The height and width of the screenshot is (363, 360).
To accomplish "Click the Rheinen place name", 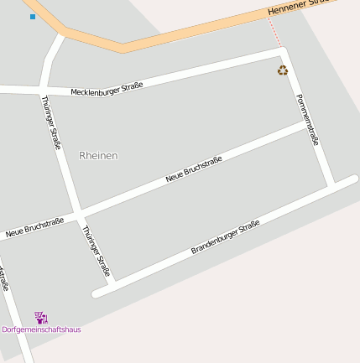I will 98,156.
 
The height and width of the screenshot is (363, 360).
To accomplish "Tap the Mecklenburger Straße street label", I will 107,88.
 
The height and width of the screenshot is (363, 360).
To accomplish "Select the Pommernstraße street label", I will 308,119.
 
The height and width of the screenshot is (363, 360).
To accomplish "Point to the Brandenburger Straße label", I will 226,237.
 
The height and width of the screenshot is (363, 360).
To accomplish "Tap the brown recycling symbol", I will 283,70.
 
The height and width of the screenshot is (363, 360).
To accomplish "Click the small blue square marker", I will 33,17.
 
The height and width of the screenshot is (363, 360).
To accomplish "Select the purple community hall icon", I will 41,318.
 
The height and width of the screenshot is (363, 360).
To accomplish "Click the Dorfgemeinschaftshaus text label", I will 41,329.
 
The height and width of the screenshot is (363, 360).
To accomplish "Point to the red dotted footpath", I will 275,34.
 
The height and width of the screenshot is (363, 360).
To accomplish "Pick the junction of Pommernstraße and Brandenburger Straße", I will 332,184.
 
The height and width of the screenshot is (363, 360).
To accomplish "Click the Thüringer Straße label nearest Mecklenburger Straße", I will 51,122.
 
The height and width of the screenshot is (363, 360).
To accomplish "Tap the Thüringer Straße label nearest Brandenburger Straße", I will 97,251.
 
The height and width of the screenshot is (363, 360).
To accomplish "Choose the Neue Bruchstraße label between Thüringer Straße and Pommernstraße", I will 194,169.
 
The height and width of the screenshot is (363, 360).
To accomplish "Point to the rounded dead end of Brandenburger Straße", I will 98,293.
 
